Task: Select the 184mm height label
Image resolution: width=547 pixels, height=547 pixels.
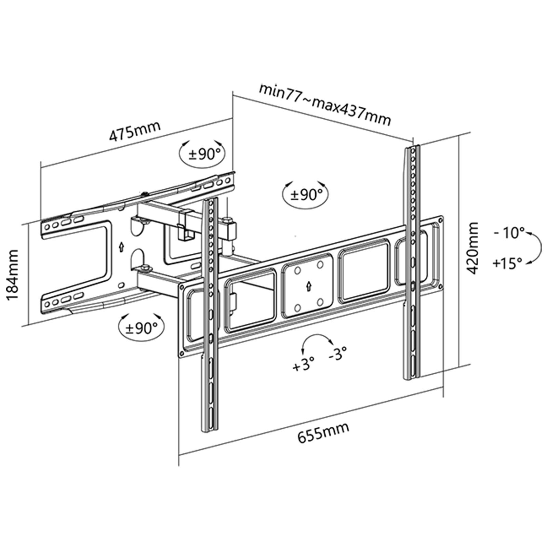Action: (x=13, y=275)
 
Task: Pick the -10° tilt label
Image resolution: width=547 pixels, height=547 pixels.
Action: (x=509, y=234)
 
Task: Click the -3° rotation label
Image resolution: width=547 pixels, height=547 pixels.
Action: (x=338, y=353)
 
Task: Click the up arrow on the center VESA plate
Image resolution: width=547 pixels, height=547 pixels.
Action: (x=309, y=286)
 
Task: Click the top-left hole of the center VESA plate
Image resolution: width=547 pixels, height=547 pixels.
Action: (x=297, y=270)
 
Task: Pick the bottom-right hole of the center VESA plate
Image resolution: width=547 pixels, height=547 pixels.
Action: (x=320, y=302)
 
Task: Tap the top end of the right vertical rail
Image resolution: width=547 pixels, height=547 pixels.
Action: (x=412, y=147)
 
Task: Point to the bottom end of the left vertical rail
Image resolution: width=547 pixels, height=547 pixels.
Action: (x=209, y=431)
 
